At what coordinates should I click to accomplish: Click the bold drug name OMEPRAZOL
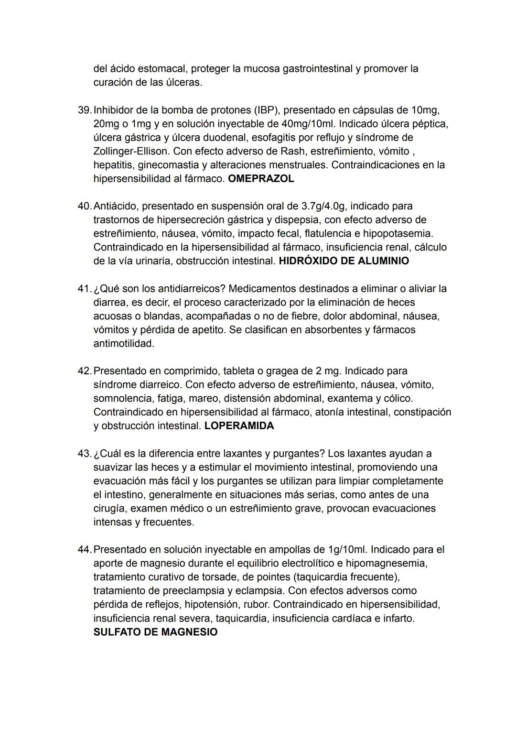coord(261,179)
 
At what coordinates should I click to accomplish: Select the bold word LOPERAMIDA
coord(239,426)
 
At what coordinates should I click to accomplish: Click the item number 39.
coord(84,110)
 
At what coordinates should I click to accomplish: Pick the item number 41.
coord(84,289)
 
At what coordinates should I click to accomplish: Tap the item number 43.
coord(84,453)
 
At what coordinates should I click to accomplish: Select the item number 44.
coord(84,550)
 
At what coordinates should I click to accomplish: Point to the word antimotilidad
coord(123,344)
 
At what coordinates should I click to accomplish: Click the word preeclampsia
coord(196,591)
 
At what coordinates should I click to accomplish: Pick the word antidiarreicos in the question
coord(191,289)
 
